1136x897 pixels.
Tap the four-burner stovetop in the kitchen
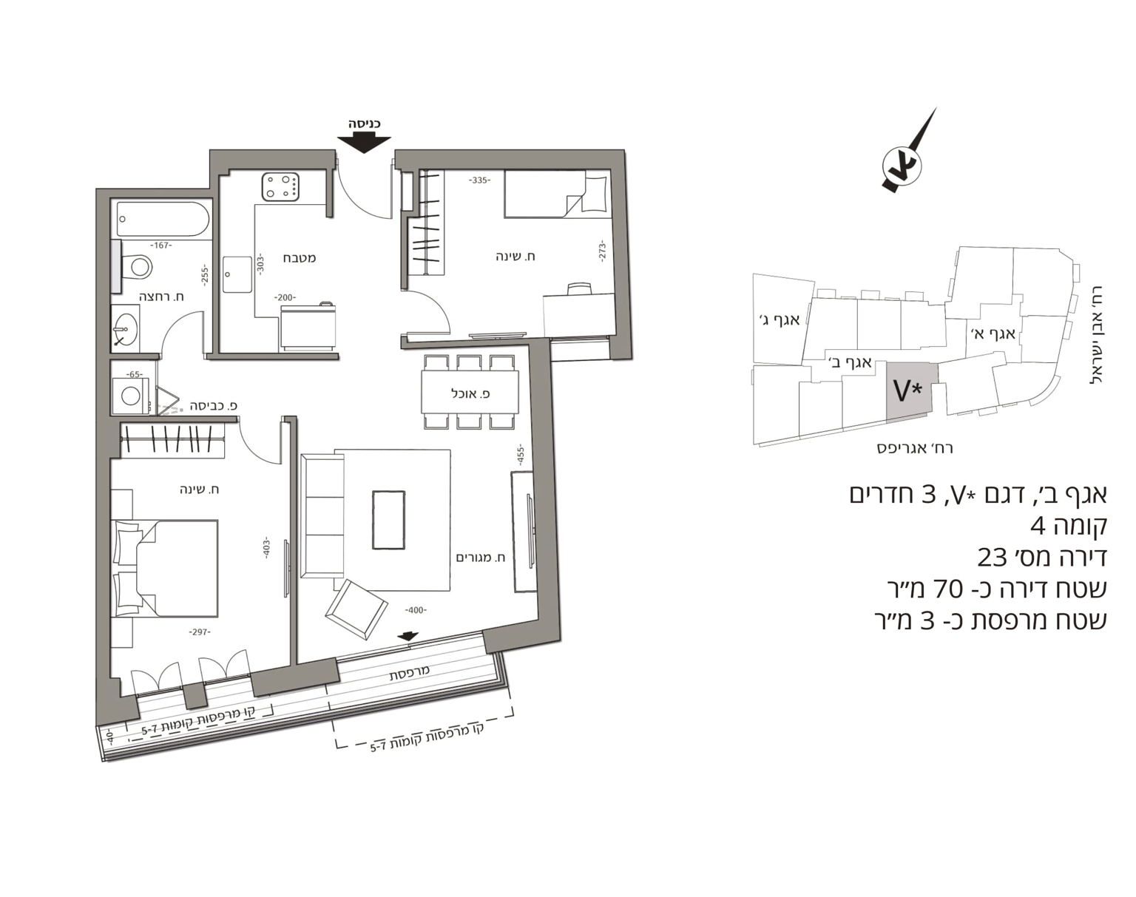coord(280,187)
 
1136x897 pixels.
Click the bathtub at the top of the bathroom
coord(163,220)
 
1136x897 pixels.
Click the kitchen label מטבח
coord(300,258)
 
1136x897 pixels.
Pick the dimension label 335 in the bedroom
coord(479,180)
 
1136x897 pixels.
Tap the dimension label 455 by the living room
coord(520,455)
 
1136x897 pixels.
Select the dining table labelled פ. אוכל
coord(470,393)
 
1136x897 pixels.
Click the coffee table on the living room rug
coord(389,521)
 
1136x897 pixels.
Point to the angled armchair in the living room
coord(356,609)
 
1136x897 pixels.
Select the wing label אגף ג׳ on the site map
coord(780,319)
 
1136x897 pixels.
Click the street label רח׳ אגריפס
coord(915,449)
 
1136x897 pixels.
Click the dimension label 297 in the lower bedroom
coord(200,632)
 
